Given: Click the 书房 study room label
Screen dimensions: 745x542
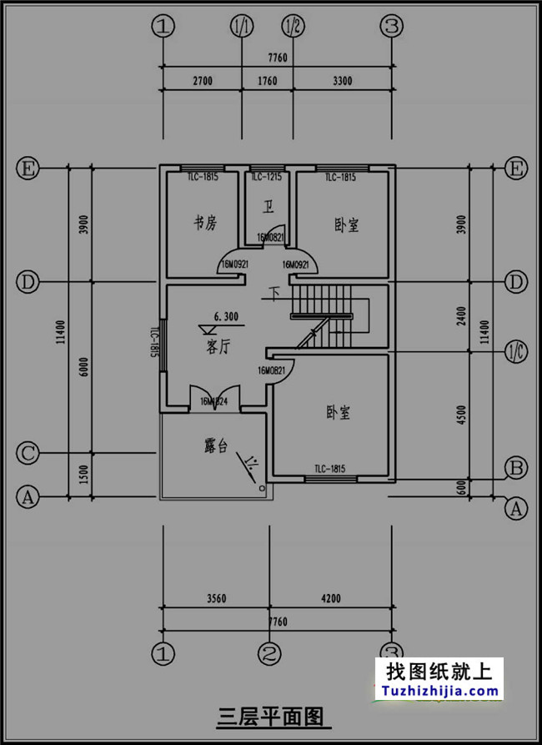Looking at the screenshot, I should point(205,223).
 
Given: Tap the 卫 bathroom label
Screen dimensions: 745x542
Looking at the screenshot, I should point(268,206).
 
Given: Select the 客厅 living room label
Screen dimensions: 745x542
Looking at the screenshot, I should point(218,348).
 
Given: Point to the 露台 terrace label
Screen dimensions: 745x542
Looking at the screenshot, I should point(215,445).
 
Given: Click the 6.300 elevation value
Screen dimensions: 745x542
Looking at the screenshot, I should point(226,316).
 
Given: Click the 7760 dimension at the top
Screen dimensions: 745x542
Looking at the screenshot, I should point(277,58).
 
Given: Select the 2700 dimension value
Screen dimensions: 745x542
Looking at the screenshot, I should point(203,81).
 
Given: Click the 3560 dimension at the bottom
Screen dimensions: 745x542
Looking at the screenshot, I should point(215,598).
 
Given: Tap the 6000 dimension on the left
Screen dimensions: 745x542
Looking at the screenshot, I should point(83,367).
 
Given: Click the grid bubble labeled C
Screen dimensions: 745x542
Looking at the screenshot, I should point(28,454).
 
